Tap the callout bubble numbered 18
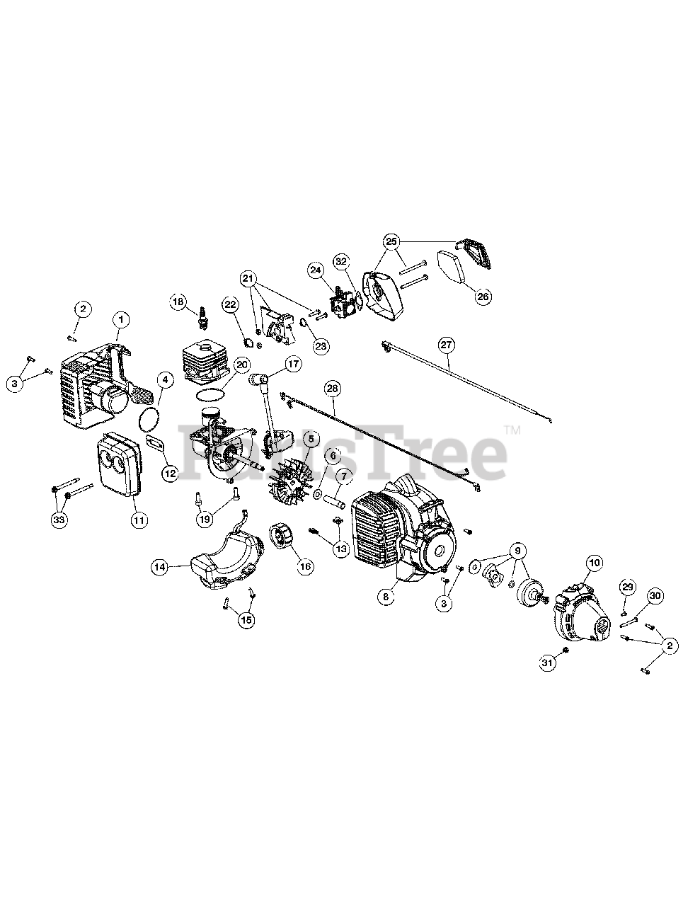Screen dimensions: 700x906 tap(178, 302)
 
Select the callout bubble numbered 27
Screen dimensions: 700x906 tap(446, 345)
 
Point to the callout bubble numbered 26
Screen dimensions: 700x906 tap(482, 296)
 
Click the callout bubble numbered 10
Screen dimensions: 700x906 tap(593, 563)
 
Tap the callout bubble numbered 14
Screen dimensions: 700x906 tap(161, 566)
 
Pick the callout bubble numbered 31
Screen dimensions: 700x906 tap(547, 663)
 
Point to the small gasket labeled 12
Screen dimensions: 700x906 tap(156, 445)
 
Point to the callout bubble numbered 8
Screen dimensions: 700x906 tap(386, 597)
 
